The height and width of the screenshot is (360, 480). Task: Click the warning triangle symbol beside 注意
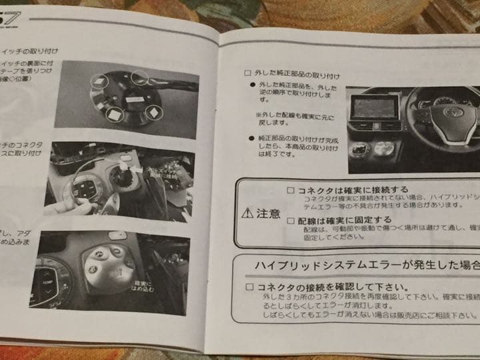click(x=247, y=213)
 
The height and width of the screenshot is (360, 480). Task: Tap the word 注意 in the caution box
click(x=267, y=213)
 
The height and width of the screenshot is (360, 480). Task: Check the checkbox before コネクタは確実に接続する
click(x=290, y=190)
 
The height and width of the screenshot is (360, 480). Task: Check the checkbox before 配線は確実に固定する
click(x=290, y=219)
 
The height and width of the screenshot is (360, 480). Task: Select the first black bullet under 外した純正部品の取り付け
click(x=252, y=87)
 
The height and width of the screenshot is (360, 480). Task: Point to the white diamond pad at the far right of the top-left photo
click(x=153, y=112)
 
